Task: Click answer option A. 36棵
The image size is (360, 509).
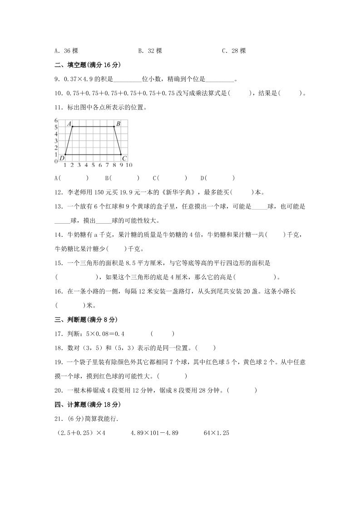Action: [66, 51]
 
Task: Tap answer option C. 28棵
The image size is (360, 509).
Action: [234, 51]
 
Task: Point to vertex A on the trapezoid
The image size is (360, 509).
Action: [72, 127]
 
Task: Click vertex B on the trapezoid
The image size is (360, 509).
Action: [114, 127]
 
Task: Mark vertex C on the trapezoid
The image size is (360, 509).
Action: [121, 155]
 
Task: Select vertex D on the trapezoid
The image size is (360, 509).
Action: [65, 155]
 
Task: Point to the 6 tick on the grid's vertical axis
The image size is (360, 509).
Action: [56, 120]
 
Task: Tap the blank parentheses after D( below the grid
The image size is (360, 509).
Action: [220, 178]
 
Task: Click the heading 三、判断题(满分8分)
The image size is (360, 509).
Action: [85, 320]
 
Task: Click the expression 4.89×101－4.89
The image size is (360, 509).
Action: [154, 433]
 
